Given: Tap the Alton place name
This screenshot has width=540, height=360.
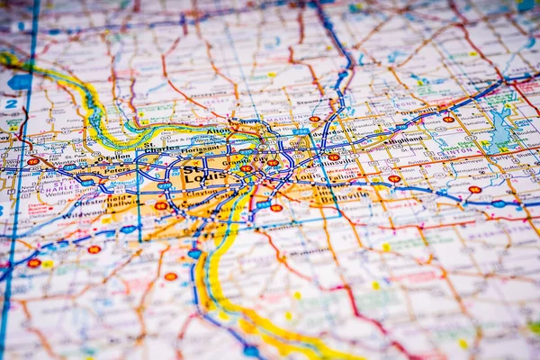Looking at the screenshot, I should pyautogui.click(x=220, y=130).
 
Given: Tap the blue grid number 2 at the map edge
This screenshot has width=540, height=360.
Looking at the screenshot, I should pyautogui.click(x=11, y=103).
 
